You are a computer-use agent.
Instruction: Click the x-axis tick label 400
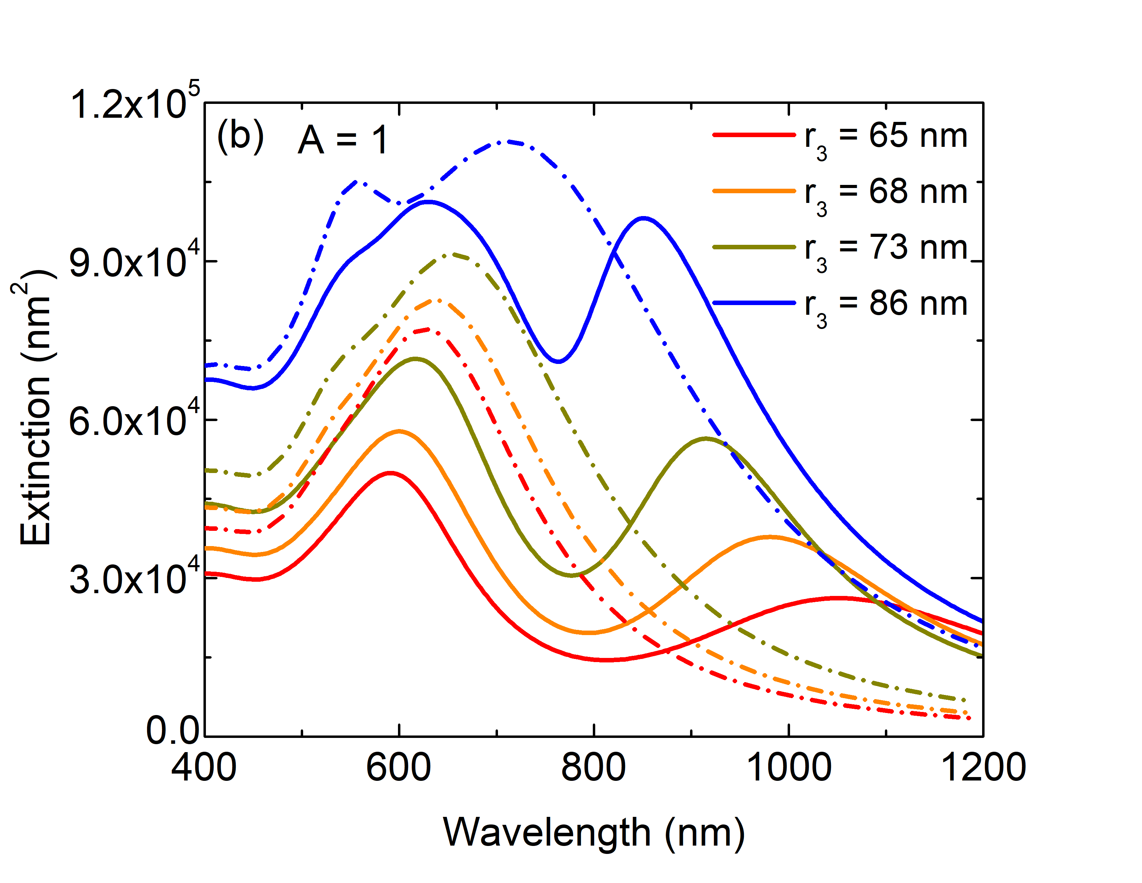[x=204, y=768]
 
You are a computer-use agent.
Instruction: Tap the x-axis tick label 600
[x=398, y=768]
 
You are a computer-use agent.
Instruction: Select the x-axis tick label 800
[x=593, y=768]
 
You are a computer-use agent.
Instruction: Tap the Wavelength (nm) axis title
[x=593, y=832]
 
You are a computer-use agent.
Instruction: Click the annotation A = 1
[x=343, y=140]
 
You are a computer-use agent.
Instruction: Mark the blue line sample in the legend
[x=754, y=303]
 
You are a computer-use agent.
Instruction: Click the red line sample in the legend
[x=754, y=135]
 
